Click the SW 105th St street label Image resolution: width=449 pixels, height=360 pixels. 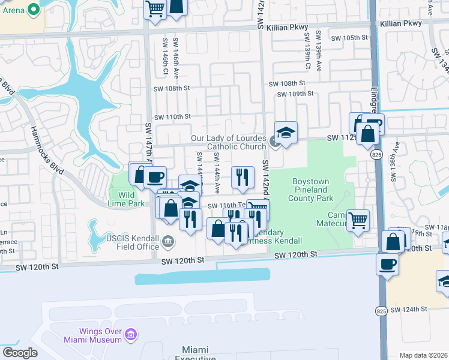coord(348,37)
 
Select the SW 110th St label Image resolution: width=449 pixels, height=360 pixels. coord(172,116)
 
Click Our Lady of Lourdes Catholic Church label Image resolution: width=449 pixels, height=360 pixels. coord(228,142)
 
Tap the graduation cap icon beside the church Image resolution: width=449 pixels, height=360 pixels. coord(286,133)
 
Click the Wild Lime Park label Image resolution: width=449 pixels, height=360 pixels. coord(127,199)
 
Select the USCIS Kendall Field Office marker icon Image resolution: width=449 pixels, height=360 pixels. coord(169,242)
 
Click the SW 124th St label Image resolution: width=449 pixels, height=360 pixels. coord(408,309)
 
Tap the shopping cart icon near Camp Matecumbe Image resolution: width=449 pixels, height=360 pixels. coord(358,220)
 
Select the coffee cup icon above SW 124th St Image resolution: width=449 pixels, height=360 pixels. coord(387,263)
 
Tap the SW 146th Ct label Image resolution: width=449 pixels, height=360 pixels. coord(164,55)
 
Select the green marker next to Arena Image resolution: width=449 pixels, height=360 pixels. coord(34,10)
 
